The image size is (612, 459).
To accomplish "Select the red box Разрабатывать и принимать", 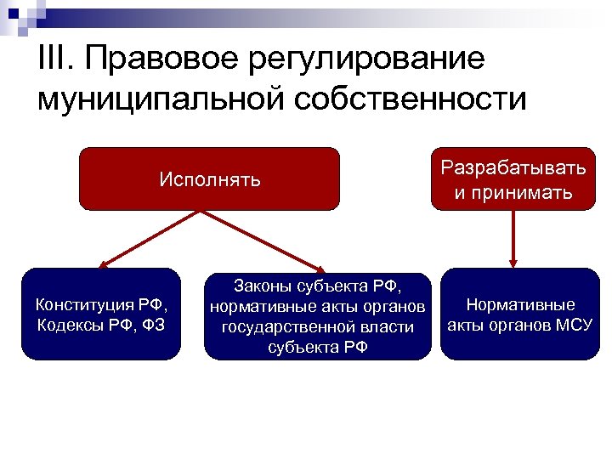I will [x=513, y=179].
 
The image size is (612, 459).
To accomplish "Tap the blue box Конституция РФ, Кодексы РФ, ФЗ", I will [x=101, y=314].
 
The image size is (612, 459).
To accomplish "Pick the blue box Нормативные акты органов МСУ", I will [x=519, y=314].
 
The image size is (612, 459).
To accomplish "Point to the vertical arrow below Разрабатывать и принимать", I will [x=513, y=239].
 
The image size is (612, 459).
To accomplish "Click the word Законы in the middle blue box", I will [x=258, y=286].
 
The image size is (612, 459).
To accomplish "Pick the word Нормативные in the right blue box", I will [x=520, y=304].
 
